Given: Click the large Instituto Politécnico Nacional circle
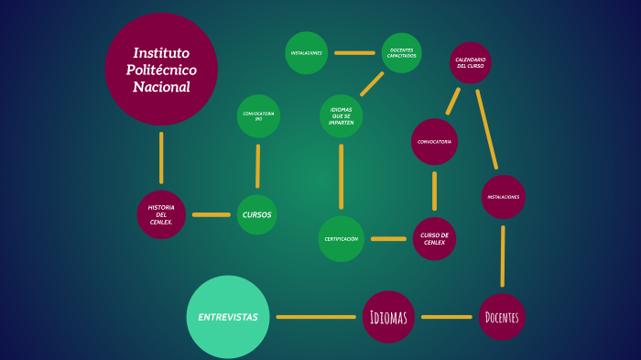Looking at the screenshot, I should [x=161, y=70].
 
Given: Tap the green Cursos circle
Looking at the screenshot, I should [x=256, y=214].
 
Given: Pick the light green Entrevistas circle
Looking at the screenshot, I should [x=228, y=317].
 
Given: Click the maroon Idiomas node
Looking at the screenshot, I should [x=388, y=317].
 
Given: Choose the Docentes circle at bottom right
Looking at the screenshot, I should [x=502, y=317].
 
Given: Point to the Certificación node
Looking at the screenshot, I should [x=342, y=238].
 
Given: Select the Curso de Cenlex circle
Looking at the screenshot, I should [x=433, y=238].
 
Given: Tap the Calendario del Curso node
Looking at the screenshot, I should [x=470, y=63].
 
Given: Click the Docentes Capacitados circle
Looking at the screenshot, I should [x=401, y=53].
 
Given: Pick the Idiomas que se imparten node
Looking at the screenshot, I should [x=341, y=115].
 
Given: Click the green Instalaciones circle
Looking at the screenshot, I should [x=306, y=53].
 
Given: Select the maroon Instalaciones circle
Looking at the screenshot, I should [x=503, y=197].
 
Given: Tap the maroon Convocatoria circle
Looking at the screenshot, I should [x=433, y=142].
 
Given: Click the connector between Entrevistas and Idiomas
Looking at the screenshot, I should [x=316, y=317].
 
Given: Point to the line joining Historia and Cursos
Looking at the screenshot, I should [x=212, y=214].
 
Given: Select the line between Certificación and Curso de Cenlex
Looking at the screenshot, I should [x=388, y=239].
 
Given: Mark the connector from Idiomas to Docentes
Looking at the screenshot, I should [x=447, y=317].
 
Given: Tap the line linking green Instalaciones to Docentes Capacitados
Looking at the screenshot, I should [x=354, y=53].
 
